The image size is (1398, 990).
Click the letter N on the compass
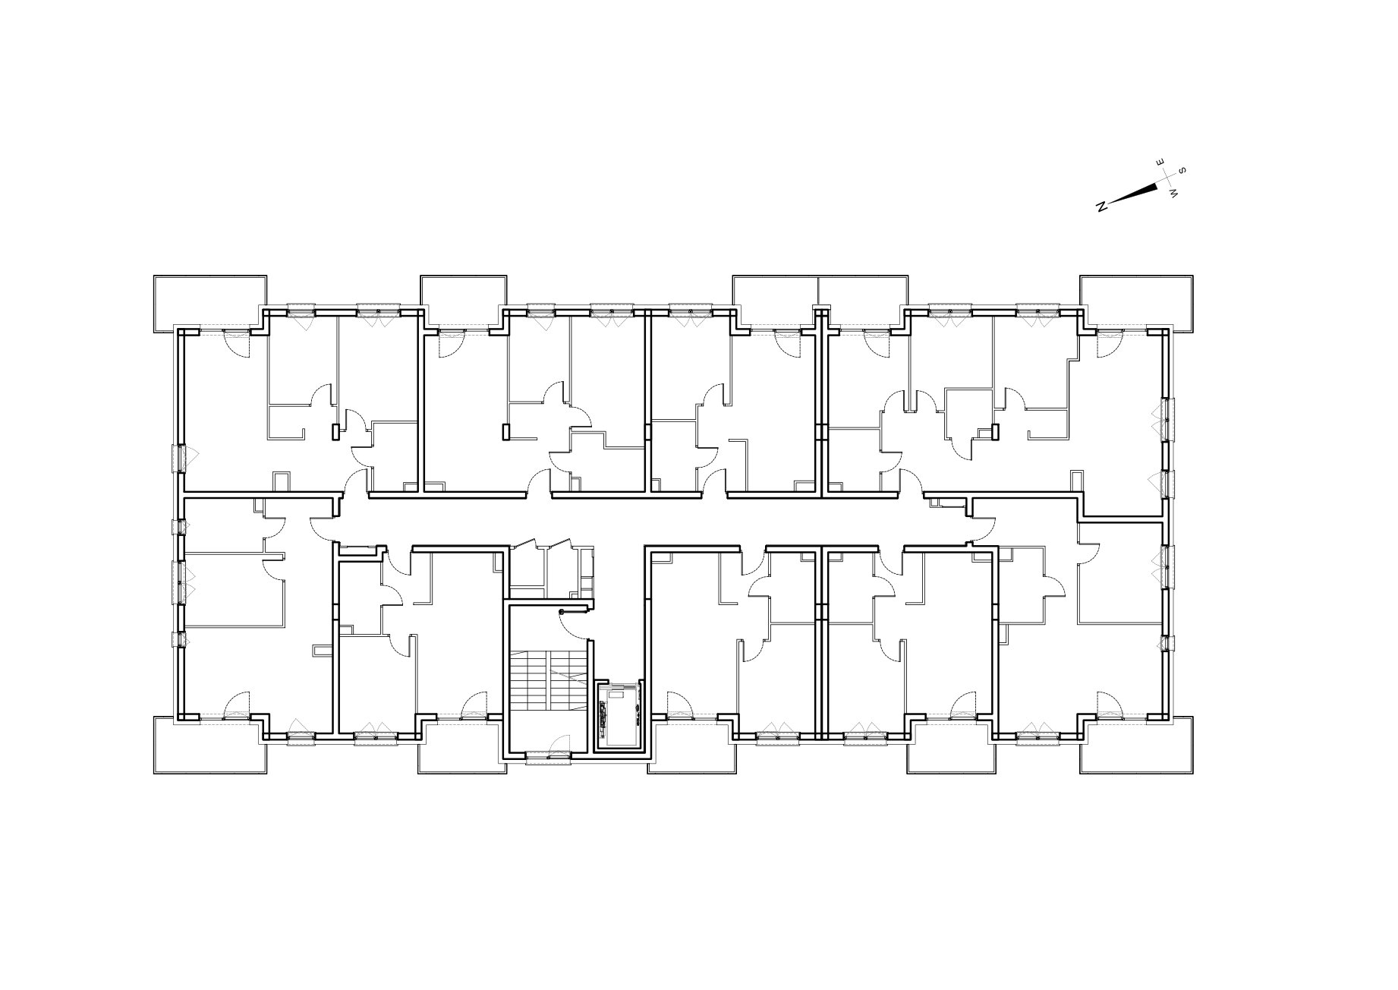coord(1102,206)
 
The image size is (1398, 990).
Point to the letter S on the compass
coord(1182,170)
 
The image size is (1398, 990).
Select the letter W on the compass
coord(1175,194)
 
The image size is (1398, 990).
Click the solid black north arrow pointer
coord(1134,193)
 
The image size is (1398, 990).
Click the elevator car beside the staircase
coord(620,714)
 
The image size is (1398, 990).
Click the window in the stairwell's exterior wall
coord(547,757)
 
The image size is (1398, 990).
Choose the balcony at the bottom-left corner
coord(210,746)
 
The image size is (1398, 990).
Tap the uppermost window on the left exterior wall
coord(181,458)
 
